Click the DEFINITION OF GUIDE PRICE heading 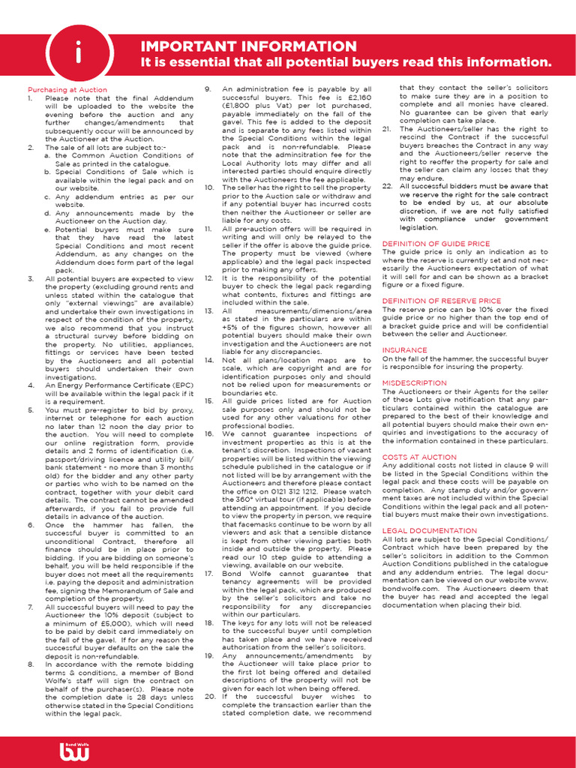coord(436,244)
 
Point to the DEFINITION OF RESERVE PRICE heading coord(442,301)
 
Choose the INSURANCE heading coord(405,350)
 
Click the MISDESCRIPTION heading coord(415,382)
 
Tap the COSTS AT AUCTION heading coord(419,457)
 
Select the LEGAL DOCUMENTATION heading coord(430,530)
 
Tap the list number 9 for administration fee coord(209,89)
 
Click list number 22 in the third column coord(387,186)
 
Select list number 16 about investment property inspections coord(211,433)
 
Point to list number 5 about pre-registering coord(30,410)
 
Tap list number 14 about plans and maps coord(211,360)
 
